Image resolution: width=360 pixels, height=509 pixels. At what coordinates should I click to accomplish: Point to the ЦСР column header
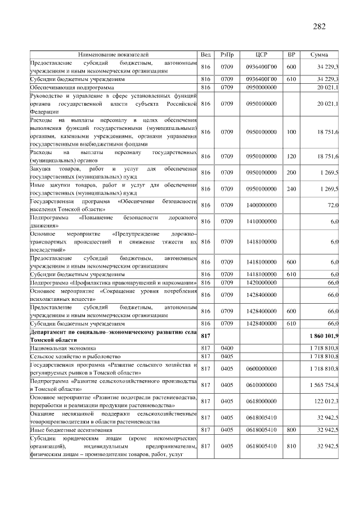260,55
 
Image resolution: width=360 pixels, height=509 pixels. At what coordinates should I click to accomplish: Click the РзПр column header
227,55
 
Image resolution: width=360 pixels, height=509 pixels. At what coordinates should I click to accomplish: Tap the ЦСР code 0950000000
261,88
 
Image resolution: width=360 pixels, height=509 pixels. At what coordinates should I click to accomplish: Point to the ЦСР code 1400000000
261,206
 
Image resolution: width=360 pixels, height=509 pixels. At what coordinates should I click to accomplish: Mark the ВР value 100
291,132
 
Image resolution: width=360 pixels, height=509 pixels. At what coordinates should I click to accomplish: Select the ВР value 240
291,189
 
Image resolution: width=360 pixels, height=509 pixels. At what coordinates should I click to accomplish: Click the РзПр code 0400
227,349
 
